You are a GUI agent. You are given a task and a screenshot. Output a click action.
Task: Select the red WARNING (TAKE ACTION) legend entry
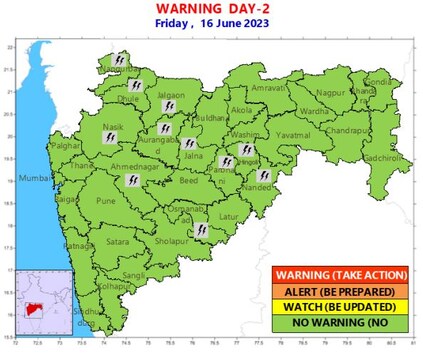340,274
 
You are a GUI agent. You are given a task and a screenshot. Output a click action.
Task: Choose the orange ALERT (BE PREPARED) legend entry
340,290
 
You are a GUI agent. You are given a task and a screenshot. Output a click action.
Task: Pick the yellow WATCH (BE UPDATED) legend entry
340,306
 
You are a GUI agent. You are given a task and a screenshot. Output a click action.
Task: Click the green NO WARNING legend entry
340,322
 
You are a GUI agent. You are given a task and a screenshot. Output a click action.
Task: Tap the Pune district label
106,201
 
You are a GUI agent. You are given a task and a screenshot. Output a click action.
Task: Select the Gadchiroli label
389,158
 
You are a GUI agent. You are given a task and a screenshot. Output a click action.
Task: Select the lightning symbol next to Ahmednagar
131,180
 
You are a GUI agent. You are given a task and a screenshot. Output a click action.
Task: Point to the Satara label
118,241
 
